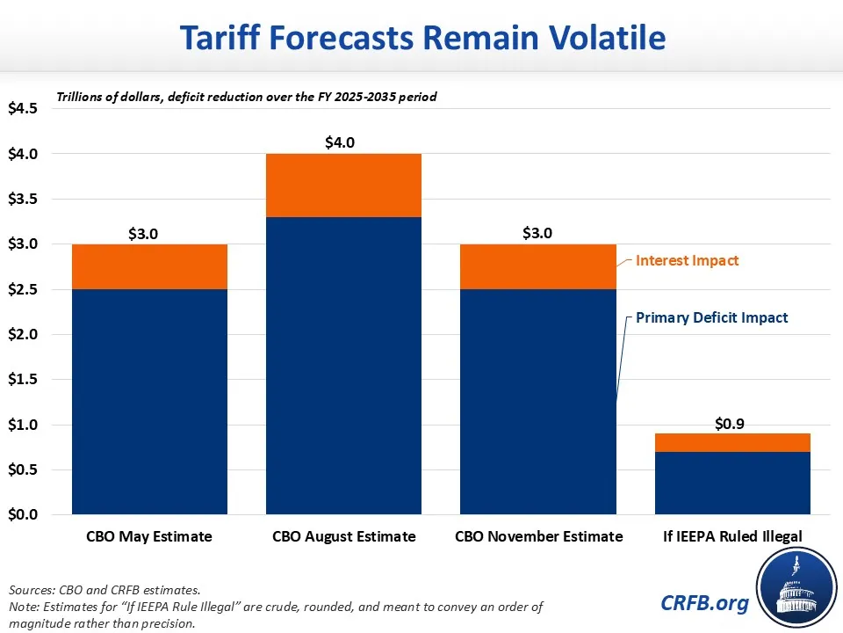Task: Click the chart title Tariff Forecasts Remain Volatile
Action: point(422,38)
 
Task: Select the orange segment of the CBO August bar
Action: point(343,186)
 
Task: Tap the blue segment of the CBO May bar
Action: point(149,401)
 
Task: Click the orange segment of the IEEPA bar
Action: point(732,442)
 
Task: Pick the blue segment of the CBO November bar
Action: point(537,401)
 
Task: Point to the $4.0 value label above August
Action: point(343,142)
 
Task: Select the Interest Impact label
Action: point(688,260)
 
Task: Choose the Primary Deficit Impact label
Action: point(712,317)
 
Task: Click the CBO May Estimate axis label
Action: point(149,536)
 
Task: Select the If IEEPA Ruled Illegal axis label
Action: point(732,536)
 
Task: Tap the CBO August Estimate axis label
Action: point(343,536)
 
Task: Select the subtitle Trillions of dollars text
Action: point(247,97)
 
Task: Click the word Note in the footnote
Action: point(23,606)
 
